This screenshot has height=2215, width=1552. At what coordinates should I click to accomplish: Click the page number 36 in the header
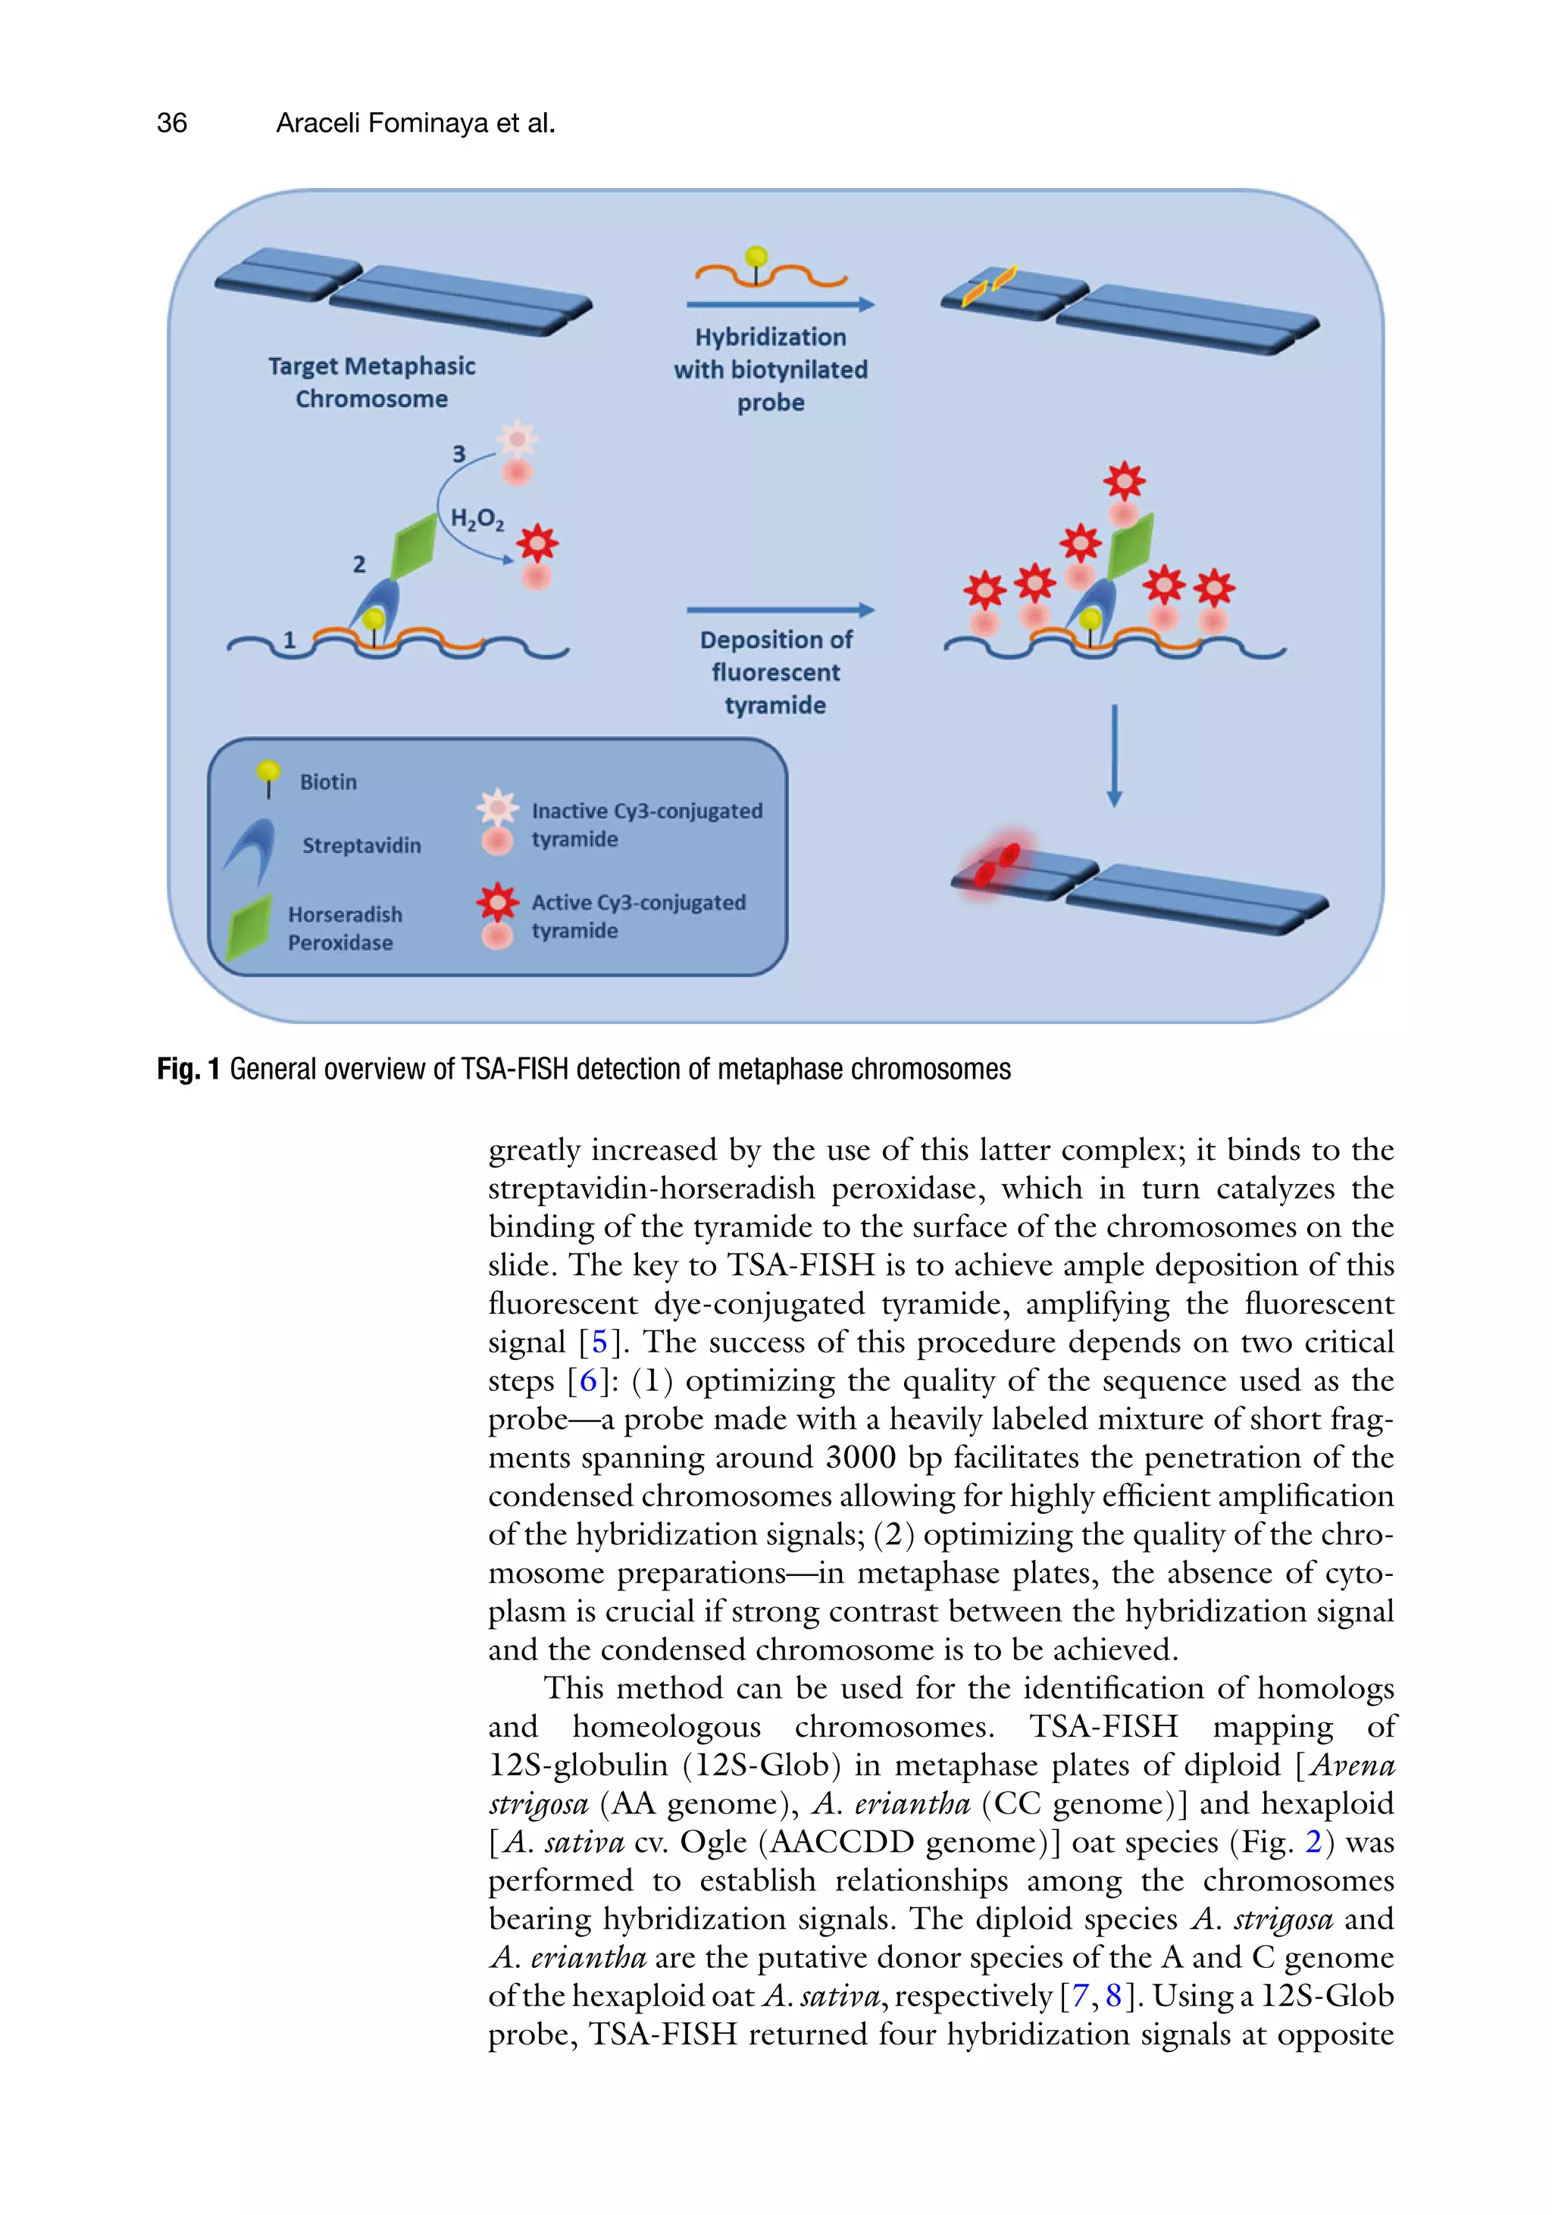[x=172, y=124]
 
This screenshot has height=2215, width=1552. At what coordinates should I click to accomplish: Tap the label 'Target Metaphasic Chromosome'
[x=371, y=382]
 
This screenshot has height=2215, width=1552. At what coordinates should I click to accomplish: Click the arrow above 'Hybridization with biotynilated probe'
[x=779, y=305]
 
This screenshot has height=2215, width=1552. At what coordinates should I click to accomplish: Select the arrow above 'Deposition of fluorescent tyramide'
[x=779, y=609]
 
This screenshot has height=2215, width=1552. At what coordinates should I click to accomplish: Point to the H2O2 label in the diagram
[x=477, y=519]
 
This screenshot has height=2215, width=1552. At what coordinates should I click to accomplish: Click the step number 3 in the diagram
[x=459, y=453]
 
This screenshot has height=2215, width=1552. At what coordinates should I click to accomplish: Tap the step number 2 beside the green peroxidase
[x=358, y=564]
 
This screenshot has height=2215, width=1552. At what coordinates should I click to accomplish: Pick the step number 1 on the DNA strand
[x=289, y=640]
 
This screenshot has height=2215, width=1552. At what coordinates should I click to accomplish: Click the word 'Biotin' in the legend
[x=328, y=782]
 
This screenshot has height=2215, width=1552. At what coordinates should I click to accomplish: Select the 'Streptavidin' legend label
[x=361, y=845]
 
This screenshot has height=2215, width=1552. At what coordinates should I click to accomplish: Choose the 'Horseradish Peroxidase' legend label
[x=344, y=928]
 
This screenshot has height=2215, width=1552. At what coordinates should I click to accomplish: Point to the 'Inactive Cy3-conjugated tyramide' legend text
[x=646, y=825]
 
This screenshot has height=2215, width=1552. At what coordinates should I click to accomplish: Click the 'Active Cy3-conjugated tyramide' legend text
[x=639, y=916]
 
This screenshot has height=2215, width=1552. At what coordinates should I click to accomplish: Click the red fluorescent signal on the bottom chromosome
[x=997, y=864]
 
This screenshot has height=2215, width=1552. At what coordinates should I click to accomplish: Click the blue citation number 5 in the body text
[x=599, y=1342]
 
